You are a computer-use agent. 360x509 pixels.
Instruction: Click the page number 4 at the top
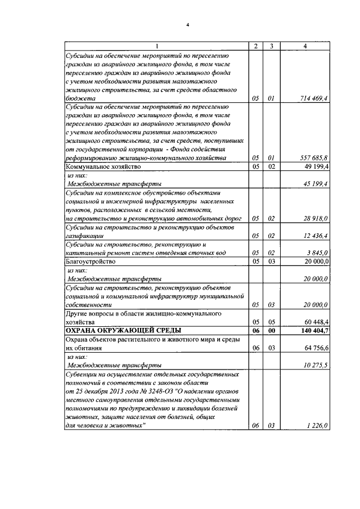[x=189, y=24]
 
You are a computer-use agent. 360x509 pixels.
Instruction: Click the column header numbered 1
[x=156, y=46]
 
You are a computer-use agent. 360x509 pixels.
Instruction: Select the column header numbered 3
[x=271, y=46]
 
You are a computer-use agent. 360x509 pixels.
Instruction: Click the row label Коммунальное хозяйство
[x=102, y=167]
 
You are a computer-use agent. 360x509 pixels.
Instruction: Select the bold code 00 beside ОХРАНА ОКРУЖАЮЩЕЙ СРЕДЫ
[x=271, y=331]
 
